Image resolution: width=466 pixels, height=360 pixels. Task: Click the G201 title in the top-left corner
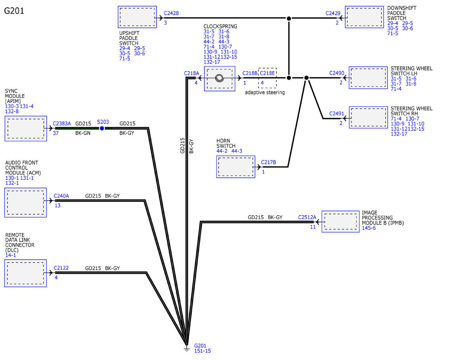point(14,11)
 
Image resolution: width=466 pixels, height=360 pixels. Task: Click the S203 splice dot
point(102,128)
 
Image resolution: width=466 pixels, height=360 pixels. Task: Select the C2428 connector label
point(171,13)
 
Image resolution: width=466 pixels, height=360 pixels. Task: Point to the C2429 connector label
point(333,13)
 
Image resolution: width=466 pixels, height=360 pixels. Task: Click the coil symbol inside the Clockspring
point(219,78)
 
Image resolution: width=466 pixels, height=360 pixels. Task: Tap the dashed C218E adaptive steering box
point(267,77)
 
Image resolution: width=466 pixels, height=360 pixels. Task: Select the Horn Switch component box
point(236,167)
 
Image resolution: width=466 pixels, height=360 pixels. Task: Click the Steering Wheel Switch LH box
point(368,78)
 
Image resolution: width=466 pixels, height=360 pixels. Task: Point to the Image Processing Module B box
point(341,222)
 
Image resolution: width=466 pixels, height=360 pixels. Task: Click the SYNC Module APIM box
point(26,128)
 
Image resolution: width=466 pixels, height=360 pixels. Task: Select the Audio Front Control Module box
point(26,202)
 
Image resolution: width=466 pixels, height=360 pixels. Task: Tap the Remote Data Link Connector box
point(26,273)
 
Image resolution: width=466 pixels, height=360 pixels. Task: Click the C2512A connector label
point(307,217)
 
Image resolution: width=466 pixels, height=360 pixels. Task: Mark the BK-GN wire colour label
point(83,133)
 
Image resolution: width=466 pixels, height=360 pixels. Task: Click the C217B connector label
point(268,162)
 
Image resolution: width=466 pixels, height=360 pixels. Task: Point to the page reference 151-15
point(202,351)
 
